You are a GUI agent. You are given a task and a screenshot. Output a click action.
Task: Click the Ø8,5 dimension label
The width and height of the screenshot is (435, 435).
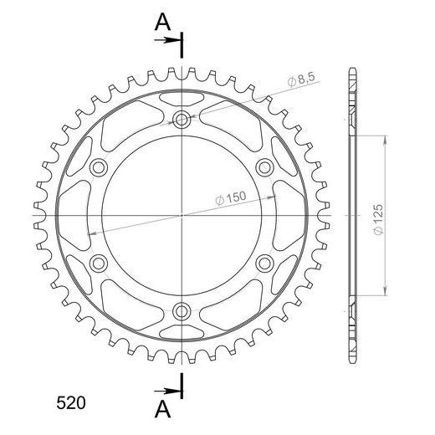[x=301, y=80]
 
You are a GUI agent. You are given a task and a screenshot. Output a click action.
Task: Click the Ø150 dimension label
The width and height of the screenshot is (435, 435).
[x=231, y=198]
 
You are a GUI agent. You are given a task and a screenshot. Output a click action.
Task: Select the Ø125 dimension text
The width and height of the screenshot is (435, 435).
[x=378, y=220]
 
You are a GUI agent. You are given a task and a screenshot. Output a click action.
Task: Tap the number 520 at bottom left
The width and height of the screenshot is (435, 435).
[x=71, y=403]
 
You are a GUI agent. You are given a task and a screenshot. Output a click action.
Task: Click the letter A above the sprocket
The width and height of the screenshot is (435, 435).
[x=162, y=22]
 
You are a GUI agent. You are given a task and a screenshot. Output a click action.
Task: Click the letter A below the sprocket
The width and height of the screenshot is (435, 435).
[x=162, y=410]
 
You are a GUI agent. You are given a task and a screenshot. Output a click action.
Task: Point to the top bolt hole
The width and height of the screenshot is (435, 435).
[x=182, y=120]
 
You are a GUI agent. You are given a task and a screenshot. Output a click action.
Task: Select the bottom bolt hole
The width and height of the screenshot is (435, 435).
[x=182, y=311]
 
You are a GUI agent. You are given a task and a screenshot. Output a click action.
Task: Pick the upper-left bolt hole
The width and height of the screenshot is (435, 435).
[x=99, y=167]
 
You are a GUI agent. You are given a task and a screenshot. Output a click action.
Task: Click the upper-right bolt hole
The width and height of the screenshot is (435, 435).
[x=264, y=167]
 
